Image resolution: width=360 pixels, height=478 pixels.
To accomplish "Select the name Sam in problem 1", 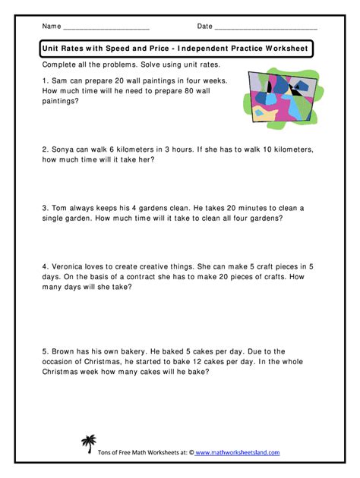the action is pyautogui.click(x=62, y=79).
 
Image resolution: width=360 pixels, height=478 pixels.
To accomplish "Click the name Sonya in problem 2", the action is pyautogui.click(x=65, y=150).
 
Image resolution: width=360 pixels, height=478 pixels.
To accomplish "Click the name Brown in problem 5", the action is pyautogui.click(x=65, y=351).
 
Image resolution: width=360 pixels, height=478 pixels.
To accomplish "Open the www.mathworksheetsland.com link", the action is pyautogui.click(x=238, y=453).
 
